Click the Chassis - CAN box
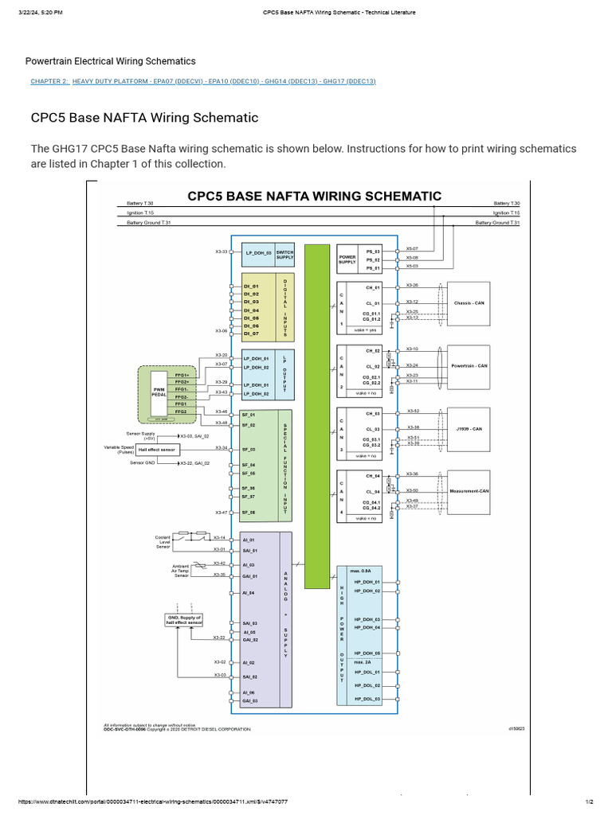pos(469,303)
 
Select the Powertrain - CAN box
pos(469,366)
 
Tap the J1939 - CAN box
pos(469,429)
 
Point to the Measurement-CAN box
pos(469,492)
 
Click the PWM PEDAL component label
pos(159,392)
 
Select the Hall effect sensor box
pos(157,449)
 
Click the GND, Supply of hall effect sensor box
pos(184,620)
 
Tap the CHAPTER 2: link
pos(49,81)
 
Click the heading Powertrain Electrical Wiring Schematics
pos(110,61)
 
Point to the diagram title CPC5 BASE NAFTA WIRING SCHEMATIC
pos(314,195)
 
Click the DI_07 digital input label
pos(251,334)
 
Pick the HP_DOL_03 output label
pos(367,699)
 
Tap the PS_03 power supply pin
pos(373,251)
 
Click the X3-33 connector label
pos(222,252)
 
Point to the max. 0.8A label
pos(363,571)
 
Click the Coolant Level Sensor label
pos(163,542)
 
